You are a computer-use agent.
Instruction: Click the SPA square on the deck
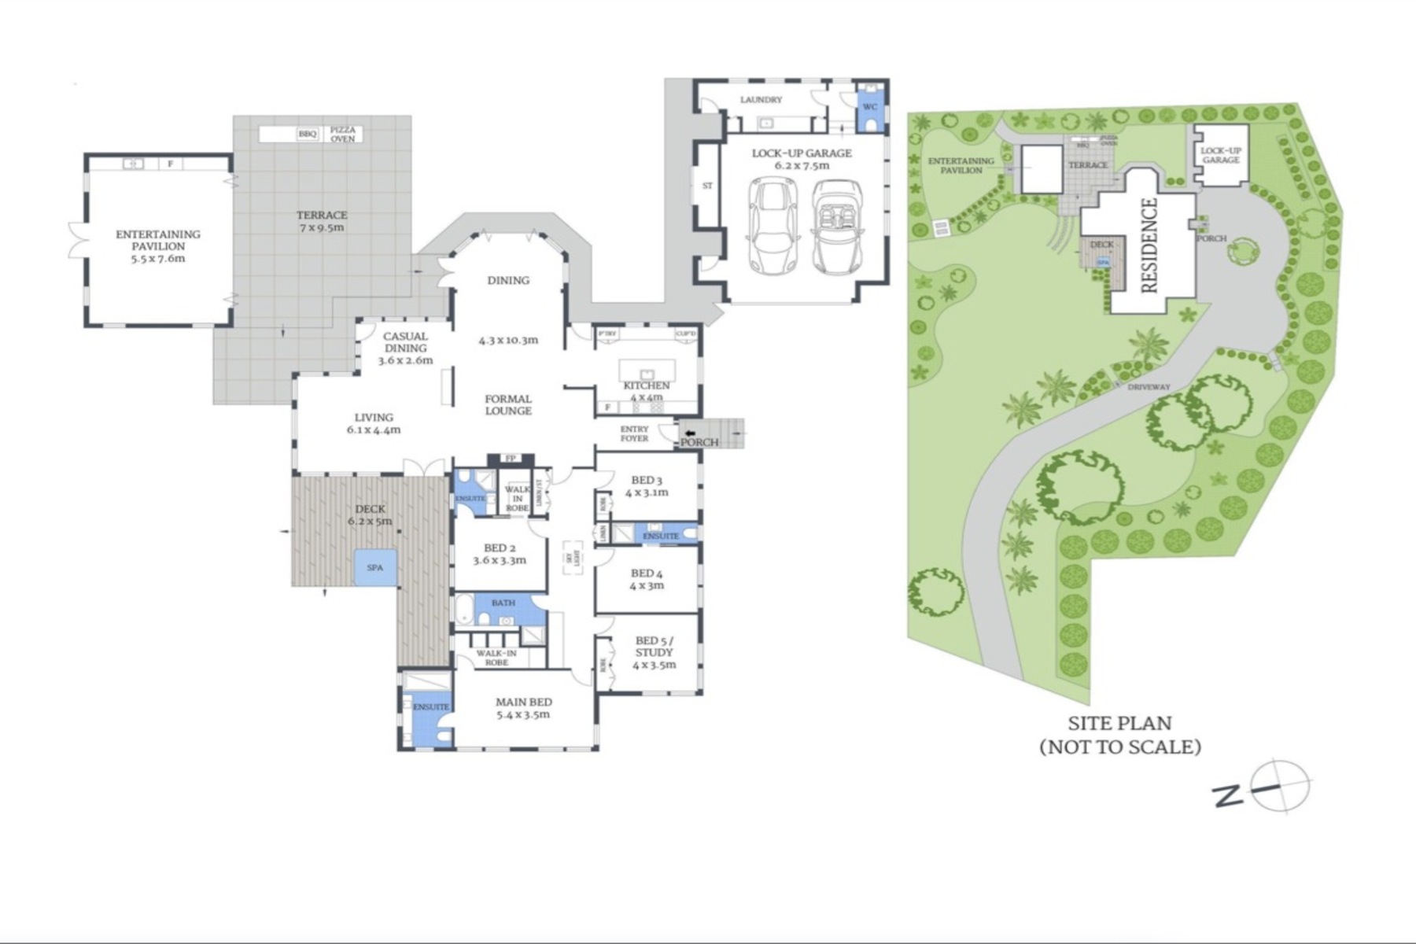(375, 567)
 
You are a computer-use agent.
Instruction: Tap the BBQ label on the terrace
(307, 135)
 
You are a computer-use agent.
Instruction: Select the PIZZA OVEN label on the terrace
(342, 135)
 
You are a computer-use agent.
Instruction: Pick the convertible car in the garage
(838, 226)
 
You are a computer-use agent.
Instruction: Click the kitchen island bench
(647, 370)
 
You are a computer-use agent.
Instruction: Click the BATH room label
(503, 603)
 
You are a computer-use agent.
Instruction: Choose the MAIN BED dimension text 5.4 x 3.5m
(523, 715)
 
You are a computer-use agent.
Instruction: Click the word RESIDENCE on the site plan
(1149, 245)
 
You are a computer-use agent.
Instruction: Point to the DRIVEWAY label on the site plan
(1149, 387)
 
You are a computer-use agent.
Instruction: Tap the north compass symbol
(1281, 786)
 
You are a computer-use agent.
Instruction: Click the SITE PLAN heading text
(1119, 723)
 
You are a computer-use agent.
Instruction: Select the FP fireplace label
(511, 459)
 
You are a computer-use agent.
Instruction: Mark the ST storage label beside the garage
(707, 186)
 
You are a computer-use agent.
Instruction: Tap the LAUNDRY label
(761, 100)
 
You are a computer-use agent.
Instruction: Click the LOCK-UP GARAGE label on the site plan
(1221, 155)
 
